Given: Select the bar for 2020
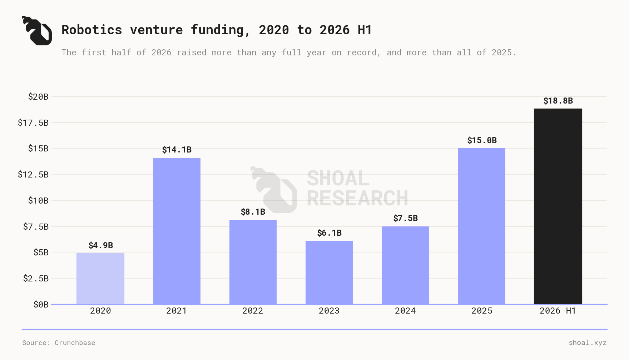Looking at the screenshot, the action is coord(100,279).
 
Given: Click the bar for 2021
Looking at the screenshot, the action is coord(177,231).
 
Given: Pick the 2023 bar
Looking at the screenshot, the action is coord(329,272).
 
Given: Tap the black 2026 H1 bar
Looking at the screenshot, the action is coord(558,206).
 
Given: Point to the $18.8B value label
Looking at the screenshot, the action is coord(558,101).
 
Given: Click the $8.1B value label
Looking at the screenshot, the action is coord(253,212).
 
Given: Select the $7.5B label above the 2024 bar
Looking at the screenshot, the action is coord(406,218).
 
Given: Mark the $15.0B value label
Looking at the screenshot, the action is coord(482,140).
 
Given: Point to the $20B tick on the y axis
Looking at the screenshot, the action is coord(38,96).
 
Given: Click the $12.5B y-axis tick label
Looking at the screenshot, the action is coord(33,174).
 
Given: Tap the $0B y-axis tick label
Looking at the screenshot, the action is coord(41,304).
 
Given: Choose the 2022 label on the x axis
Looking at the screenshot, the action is coord(253,311).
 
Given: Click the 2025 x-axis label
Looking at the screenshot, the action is coord(482,311).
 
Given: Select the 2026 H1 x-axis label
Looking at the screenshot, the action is coord(558,311).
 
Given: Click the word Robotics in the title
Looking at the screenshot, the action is coord(92,30).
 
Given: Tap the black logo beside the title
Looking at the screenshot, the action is coord(37,31).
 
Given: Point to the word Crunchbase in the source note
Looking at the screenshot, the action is coord(75,343).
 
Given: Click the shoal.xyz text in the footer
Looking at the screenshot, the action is coord(588,343).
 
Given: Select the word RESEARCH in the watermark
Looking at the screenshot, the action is coord(357,198).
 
